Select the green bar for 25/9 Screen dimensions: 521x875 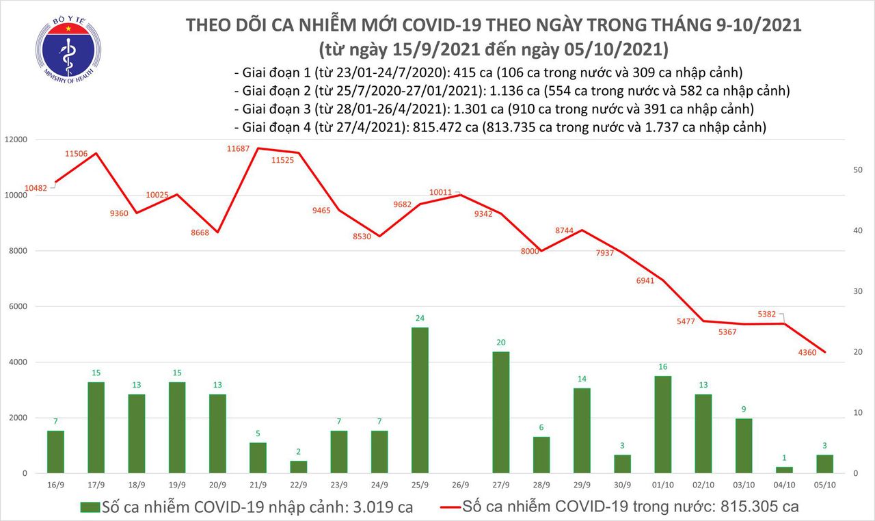pos(420,400)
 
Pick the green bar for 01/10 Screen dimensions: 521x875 pos(663,425)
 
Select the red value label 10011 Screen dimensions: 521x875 pos(442,193)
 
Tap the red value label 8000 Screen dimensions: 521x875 pos(530,251)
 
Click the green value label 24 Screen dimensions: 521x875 pos(420,318)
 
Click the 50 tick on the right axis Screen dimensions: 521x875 pos(850,170)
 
